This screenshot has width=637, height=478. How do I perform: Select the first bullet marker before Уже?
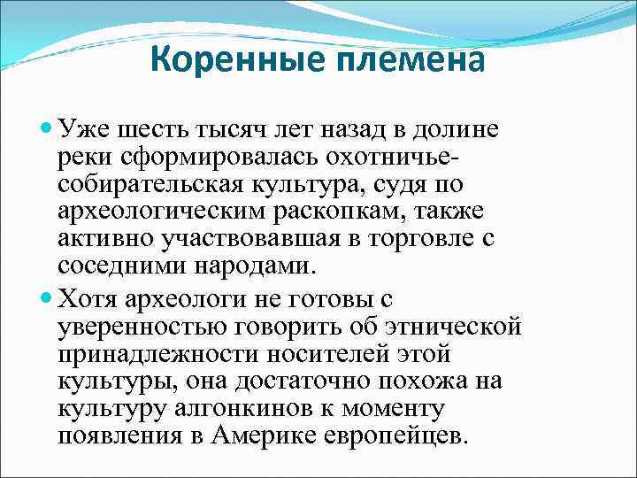47,130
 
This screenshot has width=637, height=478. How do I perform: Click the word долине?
461,130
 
